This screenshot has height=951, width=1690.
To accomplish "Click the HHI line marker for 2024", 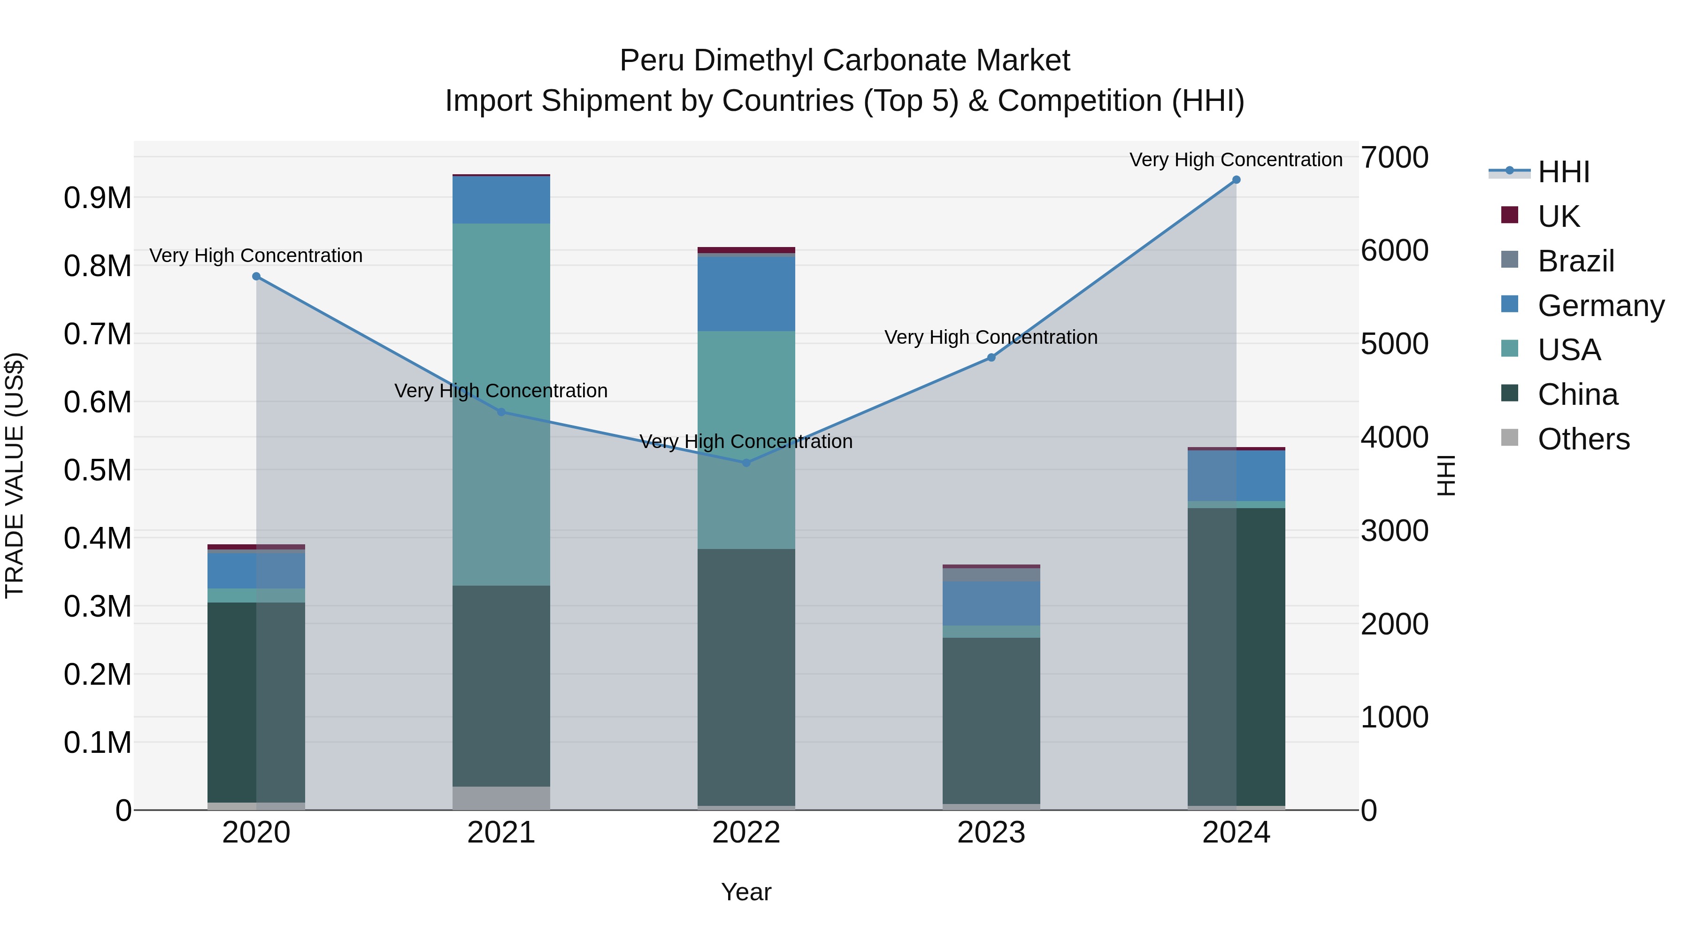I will click(x=1236, y=180).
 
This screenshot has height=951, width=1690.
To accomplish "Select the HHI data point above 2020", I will click(x=256, y=276).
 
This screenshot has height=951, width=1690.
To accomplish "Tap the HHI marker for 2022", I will click(x=746, y=463).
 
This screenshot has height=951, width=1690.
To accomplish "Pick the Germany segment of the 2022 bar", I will click(x=746, y=294).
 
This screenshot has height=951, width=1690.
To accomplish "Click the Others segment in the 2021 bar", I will click(x=501, y=797).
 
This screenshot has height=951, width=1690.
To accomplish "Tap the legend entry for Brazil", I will click(x=1575, y=261).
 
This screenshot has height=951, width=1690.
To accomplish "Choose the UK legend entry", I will click(x=1558, y=216).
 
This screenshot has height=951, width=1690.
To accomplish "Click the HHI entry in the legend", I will click(x=1563, y=172).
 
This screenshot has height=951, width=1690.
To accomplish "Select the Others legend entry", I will click(x=1582, y=439).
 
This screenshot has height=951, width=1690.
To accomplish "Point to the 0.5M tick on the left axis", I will click(x=97, y=471).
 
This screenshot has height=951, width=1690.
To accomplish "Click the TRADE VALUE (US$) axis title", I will click(x=15, y=475).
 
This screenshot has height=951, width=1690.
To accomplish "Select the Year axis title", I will click(x=746, y=892).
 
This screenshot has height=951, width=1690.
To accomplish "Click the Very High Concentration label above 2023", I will click(x=991, y=337).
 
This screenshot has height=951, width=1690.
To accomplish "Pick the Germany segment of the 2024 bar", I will click(x=1236, y=476).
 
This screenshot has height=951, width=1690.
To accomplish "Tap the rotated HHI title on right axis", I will click(x=1446, y=475).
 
